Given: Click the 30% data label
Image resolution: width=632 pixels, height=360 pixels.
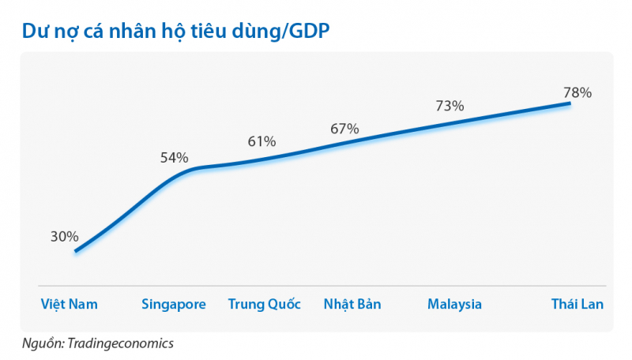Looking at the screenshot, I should point(65,236).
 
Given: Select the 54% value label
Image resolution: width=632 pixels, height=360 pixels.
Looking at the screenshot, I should point(174,157).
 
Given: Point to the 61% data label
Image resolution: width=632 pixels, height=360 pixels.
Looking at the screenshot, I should point(261,141).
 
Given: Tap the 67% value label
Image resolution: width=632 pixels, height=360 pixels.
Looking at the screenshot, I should point(344,128).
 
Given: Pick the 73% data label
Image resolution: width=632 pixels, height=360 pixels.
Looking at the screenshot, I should point(450,105).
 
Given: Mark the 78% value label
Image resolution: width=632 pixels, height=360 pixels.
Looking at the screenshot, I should point(577,92).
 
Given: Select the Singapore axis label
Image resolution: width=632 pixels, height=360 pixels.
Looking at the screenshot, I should point(174,304).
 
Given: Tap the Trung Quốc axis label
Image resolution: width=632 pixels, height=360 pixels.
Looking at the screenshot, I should point(264,304).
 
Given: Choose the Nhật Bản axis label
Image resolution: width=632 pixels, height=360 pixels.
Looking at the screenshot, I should point(352,304).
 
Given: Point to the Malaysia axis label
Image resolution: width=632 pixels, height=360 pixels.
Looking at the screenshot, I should point(454,304).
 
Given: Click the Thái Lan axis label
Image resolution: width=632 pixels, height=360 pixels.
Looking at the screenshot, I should point(577,304).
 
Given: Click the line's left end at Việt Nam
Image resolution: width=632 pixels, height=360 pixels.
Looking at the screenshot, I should point(76,252).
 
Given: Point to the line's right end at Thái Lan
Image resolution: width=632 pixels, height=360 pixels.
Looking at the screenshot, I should point(570,103).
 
